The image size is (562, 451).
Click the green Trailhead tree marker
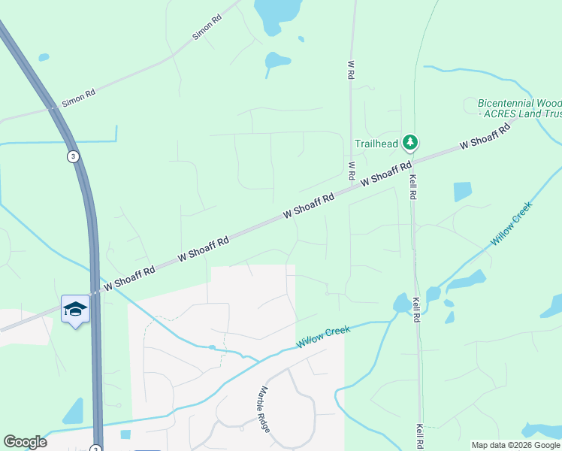(x=409, y=141)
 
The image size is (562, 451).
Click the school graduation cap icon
(x=75, y=310)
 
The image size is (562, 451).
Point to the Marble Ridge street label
(x=264, y=408)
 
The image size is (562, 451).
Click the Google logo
(x=25, y=442)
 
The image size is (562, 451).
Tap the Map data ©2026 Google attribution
(x=515, y=445)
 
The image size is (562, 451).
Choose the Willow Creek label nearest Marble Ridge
(x=323, y=336)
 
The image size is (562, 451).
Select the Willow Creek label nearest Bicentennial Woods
(x=511, y=223)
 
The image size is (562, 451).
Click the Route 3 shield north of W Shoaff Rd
(x=72, y=156)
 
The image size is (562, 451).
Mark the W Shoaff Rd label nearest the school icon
(x=129, y=277)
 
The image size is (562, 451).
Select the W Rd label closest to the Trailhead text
(x=351, y=170)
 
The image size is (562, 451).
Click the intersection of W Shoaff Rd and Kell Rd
(x=412, y=159)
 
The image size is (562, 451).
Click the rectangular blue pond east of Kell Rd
(x=463, y=192)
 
